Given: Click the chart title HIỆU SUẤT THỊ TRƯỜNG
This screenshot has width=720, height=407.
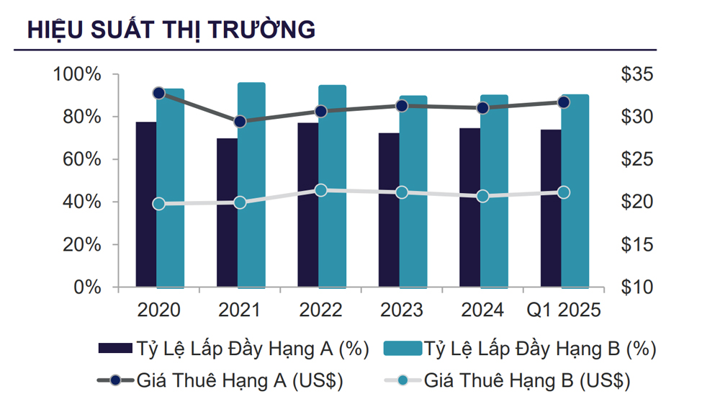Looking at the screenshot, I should [171, 30].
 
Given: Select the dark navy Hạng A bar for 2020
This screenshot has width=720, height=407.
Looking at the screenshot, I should [145, 205].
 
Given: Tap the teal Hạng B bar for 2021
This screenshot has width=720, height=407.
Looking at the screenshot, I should [251, 185].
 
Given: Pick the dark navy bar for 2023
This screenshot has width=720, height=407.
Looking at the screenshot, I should [389, 210].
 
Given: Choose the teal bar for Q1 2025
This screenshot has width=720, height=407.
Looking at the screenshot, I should [575, 191].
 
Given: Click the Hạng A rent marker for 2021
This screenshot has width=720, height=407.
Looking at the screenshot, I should [240, 122].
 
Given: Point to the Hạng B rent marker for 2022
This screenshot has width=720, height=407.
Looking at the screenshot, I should [321, 190].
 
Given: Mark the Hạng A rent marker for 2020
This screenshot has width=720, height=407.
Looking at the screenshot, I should [159, 93].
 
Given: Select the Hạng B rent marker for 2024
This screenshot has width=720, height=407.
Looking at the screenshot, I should [483, 196].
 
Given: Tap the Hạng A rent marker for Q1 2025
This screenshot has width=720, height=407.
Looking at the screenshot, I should [564, 102].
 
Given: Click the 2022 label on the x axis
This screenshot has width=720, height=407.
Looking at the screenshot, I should [321, 311].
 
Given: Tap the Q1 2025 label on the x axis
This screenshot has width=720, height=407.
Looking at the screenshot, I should [564, 311].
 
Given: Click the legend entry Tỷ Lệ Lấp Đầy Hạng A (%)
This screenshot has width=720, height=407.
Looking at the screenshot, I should [234, 349].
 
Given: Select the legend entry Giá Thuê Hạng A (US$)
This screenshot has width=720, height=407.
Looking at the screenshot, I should [220, 380].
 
